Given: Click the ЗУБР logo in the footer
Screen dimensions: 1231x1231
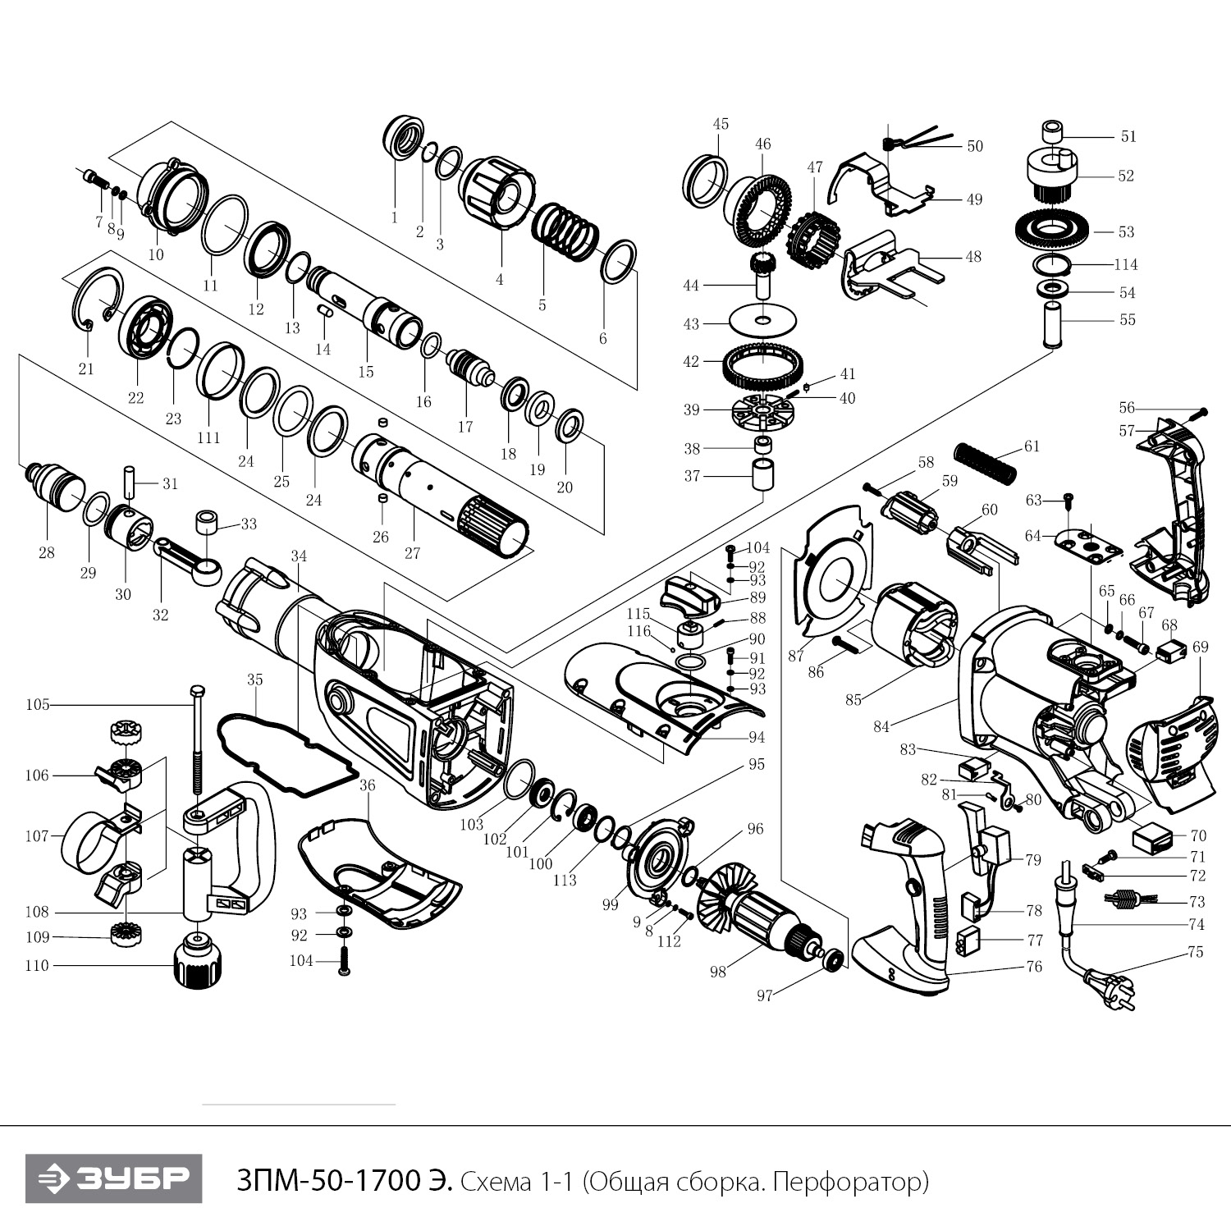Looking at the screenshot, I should point(113,1179).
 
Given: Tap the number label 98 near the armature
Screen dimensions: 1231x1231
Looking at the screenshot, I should point(718,972).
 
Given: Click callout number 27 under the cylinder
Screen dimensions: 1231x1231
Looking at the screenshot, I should point(412,553).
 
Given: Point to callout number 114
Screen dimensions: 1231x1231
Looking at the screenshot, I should point(1126,264).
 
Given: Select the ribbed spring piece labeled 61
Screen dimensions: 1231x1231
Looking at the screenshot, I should point(985,464).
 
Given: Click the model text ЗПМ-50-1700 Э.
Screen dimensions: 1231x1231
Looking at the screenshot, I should point(342,1181).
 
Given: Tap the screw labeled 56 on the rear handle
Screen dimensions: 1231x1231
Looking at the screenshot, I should point(1203,411).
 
